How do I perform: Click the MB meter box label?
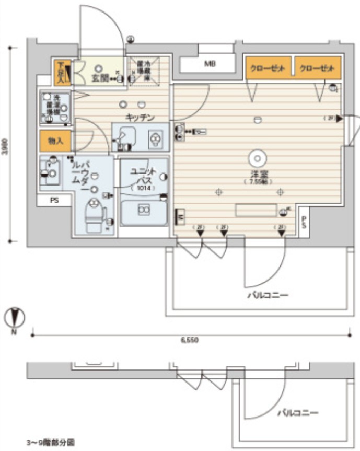(x=210, y=64)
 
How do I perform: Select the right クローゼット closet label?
(x=317, y=68)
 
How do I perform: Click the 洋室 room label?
(x=256, y=174)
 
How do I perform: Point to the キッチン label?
(x=140, y=117)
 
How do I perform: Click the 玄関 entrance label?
(x=100, y=79)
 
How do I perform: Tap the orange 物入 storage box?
(x=55, y=141)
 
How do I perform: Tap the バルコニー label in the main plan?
(x=268, y=295)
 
